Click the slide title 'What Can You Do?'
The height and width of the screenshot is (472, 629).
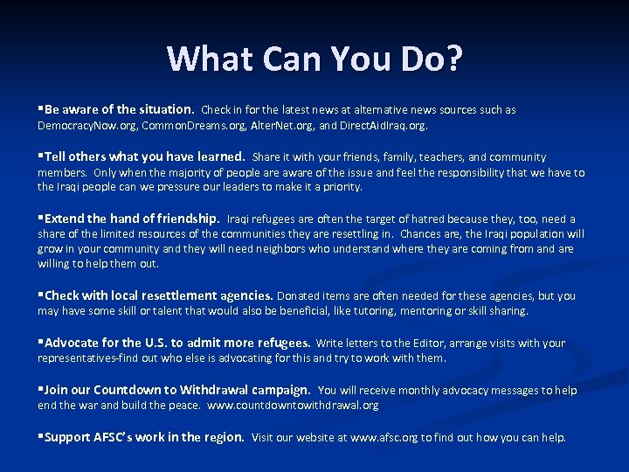[x=314, y=59]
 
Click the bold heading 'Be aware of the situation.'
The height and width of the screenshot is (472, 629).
[x=119, y=110]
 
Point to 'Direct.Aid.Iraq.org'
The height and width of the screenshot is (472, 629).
[x=379, y=126]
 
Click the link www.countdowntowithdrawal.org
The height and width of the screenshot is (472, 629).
[x=293, y=406]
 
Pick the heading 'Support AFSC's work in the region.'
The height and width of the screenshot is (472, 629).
[x=144, y=437]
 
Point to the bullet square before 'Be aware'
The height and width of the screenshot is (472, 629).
[x=40, y=110]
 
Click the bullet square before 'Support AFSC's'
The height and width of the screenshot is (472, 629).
[x=40, y=437]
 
